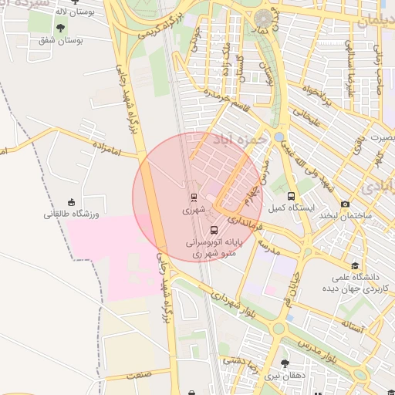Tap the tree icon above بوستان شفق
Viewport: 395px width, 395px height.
pos(60,28)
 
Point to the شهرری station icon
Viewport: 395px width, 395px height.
pos(193,197)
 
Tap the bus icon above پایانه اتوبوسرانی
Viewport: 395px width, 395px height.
pos(214,230)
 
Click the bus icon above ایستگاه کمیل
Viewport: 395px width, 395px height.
pos(291,196)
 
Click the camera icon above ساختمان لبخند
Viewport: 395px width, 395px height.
pos(345,204)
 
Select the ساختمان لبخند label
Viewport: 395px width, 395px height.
pos(346,215)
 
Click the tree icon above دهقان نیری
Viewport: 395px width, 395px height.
pos(285,363)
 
